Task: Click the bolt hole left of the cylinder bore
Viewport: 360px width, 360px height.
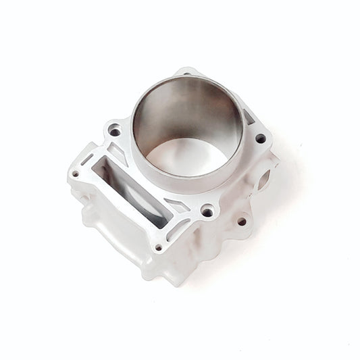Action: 115,131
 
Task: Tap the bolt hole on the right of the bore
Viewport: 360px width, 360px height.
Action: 260,138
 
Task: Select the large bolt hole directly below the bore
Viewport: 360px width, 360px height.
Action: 207,212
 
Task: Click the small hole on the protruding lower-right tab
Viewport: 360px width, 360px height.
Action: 241,221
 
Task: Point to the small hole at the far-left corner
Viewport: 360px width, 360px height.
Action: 76,174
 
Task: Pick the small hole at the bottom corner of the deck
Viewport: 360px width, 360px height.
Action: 159,248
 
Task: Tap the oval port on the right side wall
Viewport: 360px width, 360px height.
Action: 262,180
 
